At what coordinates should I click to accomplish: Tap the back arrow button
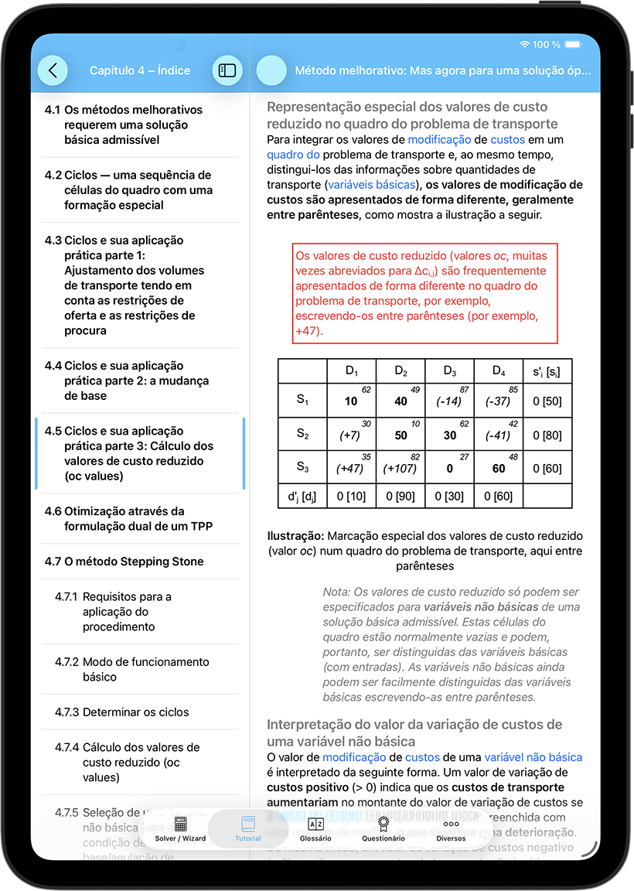(x=53, y=70)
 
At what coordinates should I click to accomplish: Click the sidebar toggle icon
(x=227, y=70)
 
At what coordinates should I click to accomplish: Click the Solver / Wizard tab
(x=180, y=829)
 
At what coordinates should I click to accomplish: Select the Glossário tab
(x=315, y=829)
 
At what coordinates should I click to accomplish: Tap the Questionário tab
(x=383, y=829)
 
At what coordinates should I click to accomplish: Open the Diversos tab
(x=451, y=829)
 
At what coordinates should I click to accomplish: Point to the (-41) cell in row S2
(x=498, y=435)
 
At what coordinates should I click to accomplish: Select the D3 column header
(x=449, y=370)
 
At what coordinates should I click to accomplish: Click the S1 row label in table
(x=302, y=401)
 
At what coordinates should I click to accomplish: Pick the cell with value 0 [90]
(x=400, y=495)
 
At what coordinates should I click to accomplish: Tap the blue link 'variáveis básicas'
(x=371, y=185)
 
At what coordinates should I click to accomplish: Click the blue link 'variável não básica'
(x=533, y=757)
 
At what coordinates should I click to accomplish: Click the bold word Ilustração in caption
(x=295, y=536)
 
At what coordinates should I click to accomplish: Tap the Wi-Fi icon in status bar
(x=525, y=45)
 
